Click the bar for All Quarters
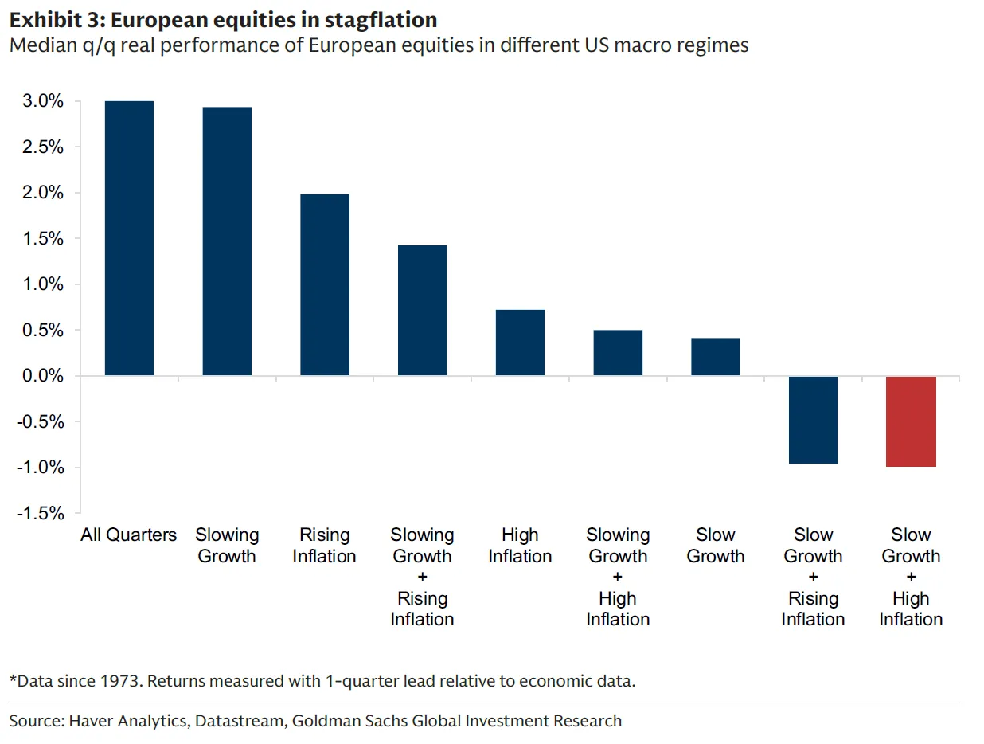pos(129,238)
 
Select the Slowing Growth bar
pos(227,241)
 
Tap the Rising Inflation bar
pos(325,284)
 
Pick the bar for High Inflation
pos(520,343)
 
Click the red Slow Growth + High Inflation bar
pos(911,421)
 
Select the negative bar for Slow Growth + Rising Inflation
pos(813,420)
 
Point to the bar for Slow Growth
pos(716,357)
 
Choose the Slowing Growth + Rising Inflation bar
pos(422,310)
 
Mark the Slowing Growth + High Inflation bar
pos(618,353)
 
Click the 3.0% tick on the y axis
pos(43,102)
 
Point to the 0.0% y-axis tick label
pos(43,376)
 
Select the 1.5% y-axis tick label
pos(43,239)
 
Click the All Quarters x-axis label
pos(129,535)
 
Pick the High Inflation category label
pos(520,546)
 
